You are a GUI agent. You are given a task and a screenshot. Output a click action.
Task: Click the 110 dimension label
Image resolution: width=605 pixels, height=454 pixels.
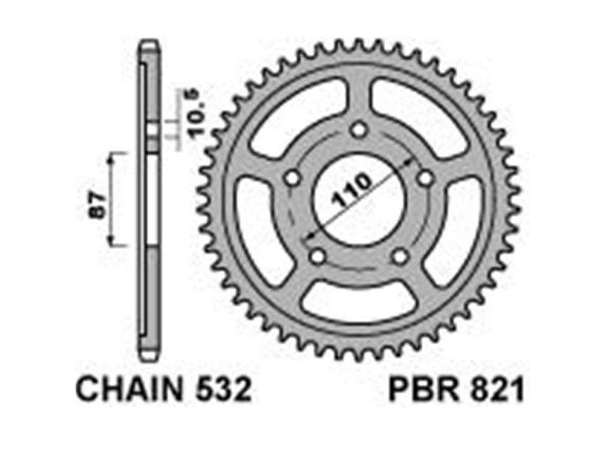click(x=352, y=191)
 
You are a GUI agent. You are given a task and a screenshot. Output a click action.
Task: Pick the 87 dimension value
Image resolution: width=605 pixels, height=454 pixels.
click(x=98, y=205)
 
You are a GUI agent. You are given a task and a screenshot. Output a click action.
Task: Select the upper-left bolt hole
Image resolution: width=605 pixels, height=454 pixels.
click(x=293, y=178)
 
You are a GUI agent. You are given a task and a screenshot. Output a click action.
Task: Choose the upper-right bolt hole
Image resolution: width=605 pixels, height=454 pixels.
click(x=426, y=178)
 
